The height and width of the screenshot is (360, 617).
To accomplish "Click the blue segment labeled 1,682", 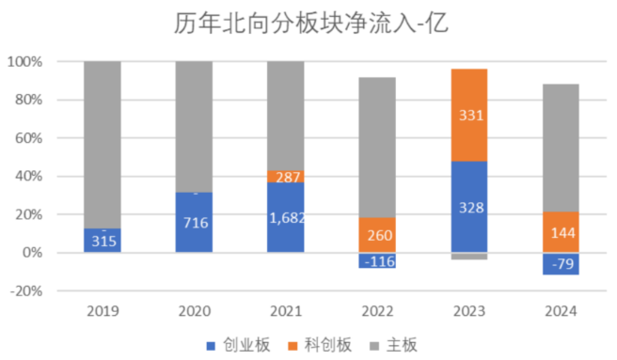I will (x=286, y=217).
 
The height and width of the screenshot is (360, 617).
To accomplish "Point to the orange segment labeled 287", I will (x=286, y=176).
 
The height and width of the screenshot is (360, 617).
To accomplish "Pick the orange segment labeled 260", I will (x=377, y=235).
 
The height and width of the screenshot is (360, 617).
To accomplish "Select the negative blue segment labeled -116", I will (x=377, y=260).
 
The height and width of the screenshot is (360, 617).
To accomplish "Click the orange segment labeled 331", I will (x=469, y=115).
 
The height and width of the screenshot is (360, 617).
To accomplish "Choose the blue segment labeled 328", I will (x=469, y=207).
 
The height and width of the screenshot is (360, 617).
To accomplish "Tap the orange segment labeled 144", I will (x=561, y=232).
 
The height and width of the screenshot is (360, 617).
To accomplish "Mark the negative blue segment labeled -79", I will (x=561, y=264).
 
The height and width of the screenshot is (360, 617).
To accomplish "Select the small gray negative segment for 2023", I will (x=469, y=256).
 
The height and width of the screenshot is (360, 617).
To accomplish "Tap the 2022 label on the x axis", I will (x=377, y=310).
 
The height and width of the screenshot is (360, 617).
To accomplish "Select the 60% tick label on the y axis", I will (x=29, y=138).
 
